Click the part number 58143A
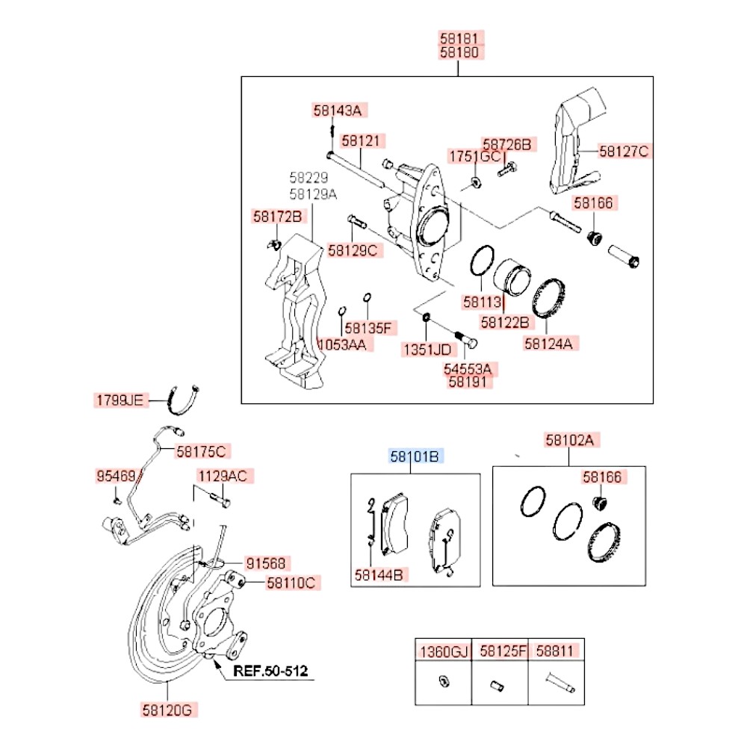click(x=337, y=111)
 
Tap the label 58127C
click(x=624, y=152)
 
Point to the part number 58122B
click(x=505, y=323)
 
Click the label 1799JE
click(x=118, y=400)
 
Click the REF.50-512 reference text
click(x=270, y=670)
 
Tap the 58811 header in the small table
click(x=556, y=651)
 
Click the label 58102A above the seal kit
click(x=569, y=441)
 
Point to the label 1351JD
click(x=427, y=349)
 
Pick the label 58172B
click(x=277, y=217)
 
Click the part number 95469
click(x=116, y=476)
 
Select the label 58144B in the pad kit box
click(x=379, y=574)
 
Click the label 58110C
click(x=291, y=582)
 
